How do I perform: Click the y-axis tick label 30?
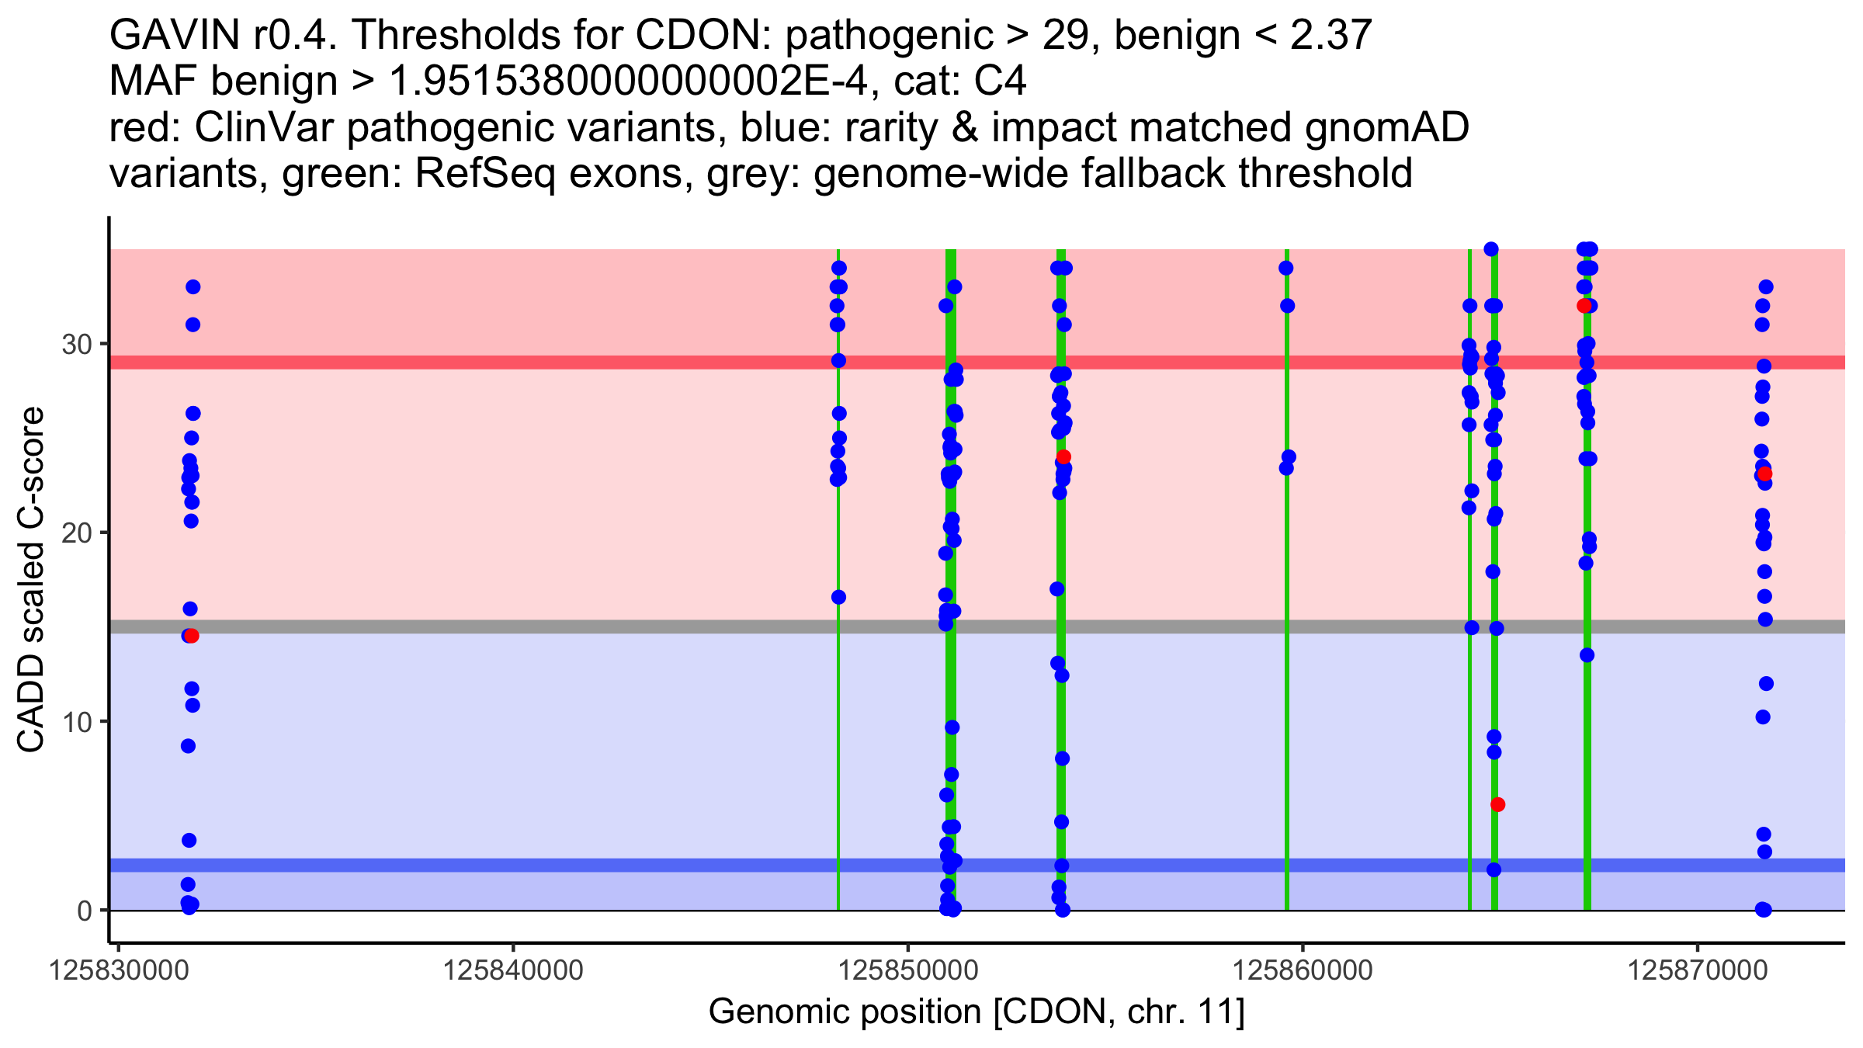point(76,344)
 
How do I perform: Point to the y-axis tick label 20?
point(76,533)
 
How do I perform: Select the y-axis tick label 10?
point(76,722)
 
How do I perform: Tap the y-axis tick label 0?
point(85,911)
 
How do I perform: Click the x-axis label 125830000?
point(118,970)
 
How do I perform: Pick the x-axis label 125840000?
point(512,970)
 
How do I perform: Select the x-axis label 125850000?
point(907,970)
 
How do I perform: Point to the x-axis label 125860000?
point(1303,970)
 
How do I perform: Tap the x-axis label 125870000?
point(1698,970)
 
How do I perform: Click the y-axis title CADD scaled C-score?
point(31,581)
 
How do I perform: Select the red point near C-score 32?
point(1584,306)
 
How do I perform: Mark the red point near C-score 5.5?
point(1498,804)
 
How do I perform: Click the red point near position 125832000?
point(192,636)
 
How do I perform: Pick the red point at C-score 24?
point(1063,456)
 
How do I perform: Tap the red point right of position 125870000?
point(1765,474)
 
